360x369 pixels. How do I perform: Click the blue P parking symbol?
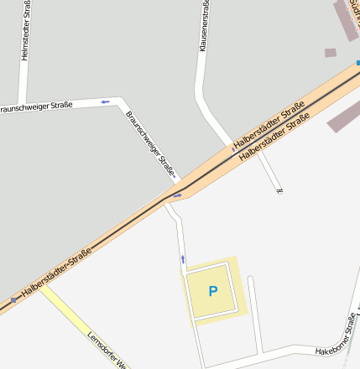(212, 292)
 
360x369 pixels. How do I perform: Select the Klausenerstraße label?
(204, 26)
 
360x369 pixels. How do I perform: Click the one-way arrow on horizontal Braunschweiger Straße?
(105, 102)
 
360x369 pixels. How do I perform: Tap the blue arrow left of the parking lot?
(183, 259)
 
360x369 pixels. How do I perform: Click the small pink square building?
(331, 52)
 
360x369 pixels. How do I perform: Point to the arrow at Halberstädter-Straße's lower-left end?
(13, 299)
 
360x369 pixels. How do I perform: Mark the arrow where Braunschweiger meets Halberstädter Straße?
(177, 196)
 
